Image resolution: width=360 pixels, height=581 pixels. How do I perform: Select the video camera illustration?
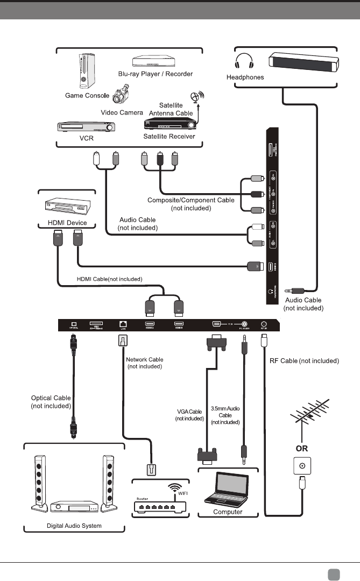click(120, 96)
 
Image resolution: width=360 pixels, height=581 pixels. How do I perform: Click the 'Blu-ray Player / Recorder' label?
click(156, 73)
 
